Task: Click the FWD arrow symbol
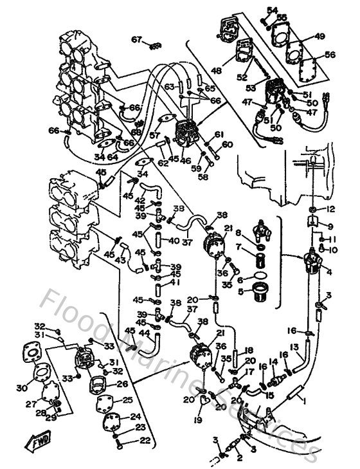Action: pyautogui.click(x=28, y=442)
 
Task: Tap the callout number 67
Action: pyautogui.click(x=136, y=40)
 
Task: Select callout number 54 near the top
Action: pyautogui.click(x=272, y=10)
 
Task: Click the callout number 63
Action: pyautogui.click(x=169, y=86)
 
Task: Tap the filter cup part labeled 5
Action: pyautogui.click(x=264, y=295)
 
